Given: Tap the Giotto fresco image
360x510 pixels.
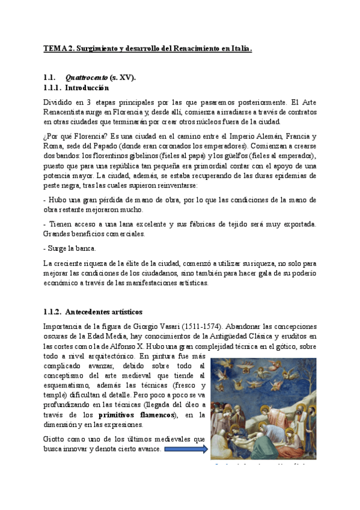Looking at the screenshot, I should point(263,409).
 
